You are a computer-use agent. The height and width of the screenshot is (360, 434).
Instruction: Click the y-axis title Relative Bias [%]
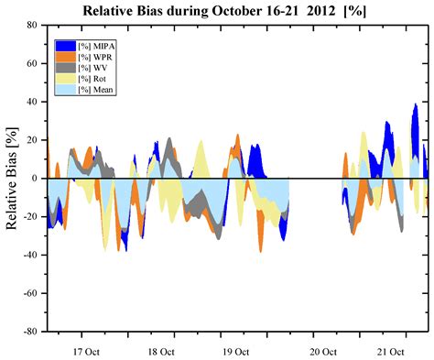click(x=13, y=179)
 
